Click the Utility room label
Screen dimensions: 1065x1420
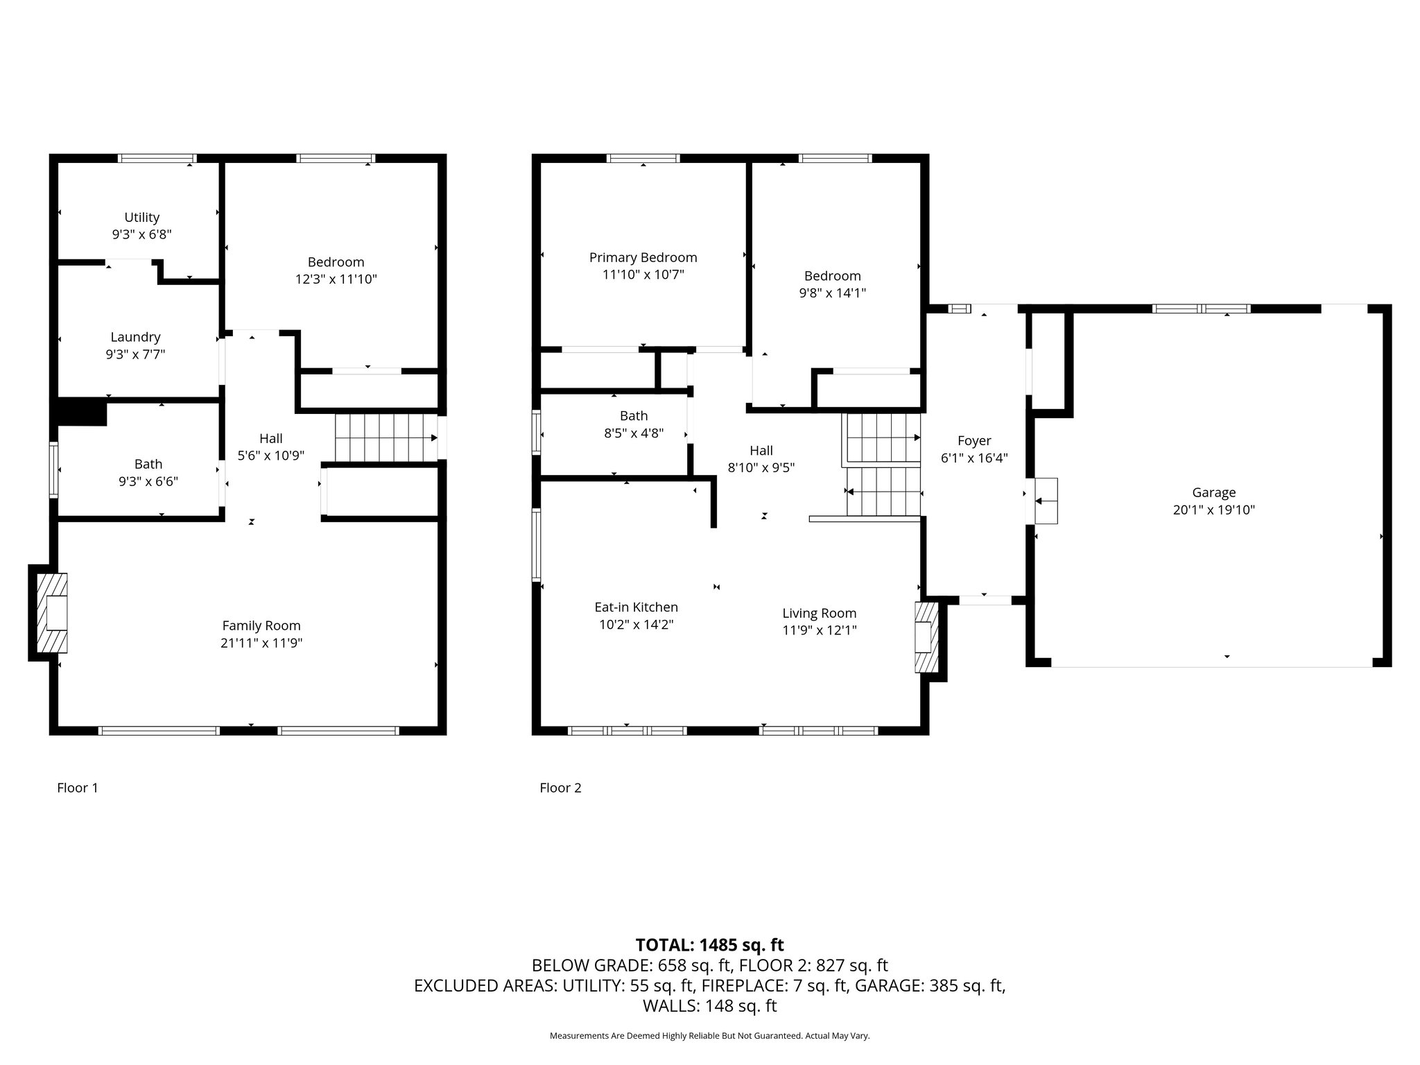click(x=141, y=217)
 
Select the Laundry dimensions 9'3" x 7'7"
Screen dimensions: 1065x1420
click(x=135, y=354)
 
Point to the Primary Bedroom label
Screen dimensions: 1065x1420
click(x=643, y=257)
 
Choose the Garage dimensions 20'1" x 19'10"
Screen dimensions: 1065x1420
click(x=1213, y=510)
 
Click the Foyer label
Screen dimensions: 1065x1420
click(x=973, y=440)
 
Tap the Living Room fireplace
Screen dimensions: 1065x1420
click(x=926, y=637)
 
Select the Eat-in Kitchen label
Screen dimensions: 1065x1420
click(x=636, y=607)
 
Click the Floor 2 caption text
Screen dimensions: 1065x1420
click(x=560, y=788)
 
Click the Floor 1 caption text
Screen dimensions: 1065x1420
click(x=78, y=788)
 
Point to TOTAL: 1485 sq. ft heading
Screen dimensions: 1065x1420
click(x=709, y=944)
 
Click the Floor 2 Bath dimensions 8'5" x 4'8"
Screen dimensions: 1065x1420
click(x=633, y=433)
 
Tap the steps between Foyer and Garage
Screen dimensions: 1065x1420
click(x=1046, y=501)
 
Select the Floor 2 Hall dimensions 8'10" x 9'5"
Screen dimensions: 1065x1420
click(x=761, y=467)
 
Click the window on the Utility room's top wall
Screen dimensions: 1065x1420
click(x=157, y=158)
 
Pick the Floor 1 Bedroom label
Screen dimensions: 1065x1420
click(x=336, y=261)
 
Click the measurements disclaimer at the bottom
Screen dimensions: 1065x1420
click(x=709, y=1036)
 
